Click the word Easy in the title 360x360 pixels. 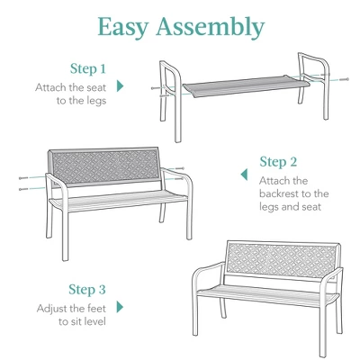[x=127, y=27]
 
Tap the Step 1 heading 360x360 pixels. [x=88, y=68]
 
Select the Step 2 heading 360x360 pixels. [x=278, y=162]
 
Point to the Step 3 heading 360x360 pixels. [x=87, y=290]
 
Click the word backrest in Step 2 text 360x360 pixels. [x=277, y=193]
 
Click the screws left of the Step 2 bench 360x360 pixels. [x=23, y=184]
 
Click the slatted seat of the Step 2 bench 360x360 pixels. [x=117, y=201]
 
